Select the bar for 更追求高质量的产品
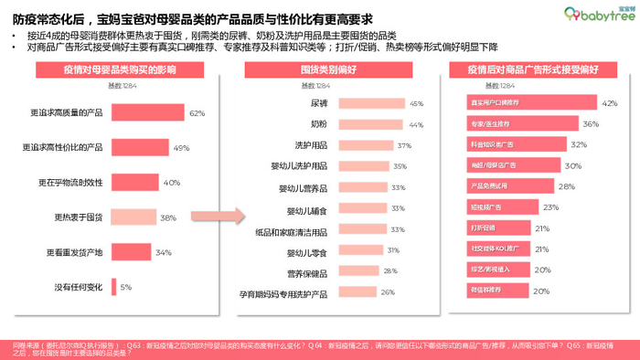tap(147, 113)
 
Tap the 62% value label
tap(197, 113)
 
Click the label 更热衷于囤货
tap(81, 217)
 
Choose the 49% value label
tap(180, 148)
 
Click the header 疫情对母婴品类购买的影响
tap(111, 69)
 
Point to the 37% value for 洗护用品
tap(404, 145)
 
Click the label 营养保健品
tap(308, 270)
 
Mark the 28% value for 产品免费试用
tap(566, 186)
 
